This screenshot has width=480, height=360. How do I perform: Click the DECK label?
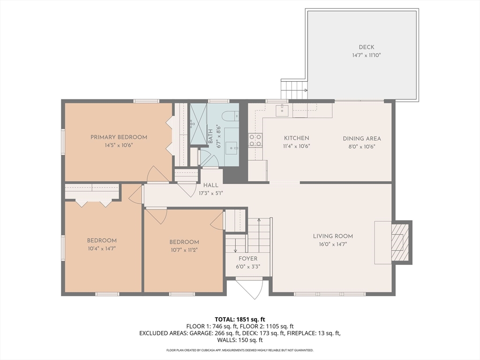pos(367,47)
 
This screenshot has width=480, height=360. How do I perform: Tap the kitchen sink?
pos(282,111)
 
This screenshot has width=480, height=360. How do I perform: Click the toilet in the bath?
pos(230,116)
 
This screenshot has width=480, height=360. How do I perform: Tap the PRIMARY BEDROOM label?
pos(119,137)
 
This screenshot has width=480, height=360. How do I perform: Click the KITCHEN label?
pos(296,138)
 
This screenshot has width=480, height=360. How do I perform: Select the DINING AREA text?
pos(362,138)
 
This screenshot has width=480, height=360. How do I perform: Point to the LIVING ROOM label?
pos(333,236)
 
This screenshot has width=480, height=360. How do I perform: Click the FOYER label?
pos(248,258)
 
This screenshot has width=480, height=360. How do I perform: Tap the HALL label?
pos(211,185)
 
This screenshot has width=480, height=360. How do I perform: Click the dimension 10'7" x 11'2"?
pos(184,250)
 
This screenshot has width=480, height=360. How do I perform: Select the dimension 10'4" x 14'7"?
pos(102,248)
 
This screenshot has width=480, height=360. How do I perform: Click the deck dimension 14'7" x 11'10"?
pos(367,55)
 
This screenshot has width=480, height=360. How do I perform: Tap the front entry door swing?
pos(250,288)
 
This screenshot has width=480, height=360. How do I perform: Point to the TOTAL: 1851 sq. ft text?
pos(240,320)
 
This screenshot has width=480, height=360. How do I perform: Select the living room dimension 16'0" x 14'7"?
pos(333,244)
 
